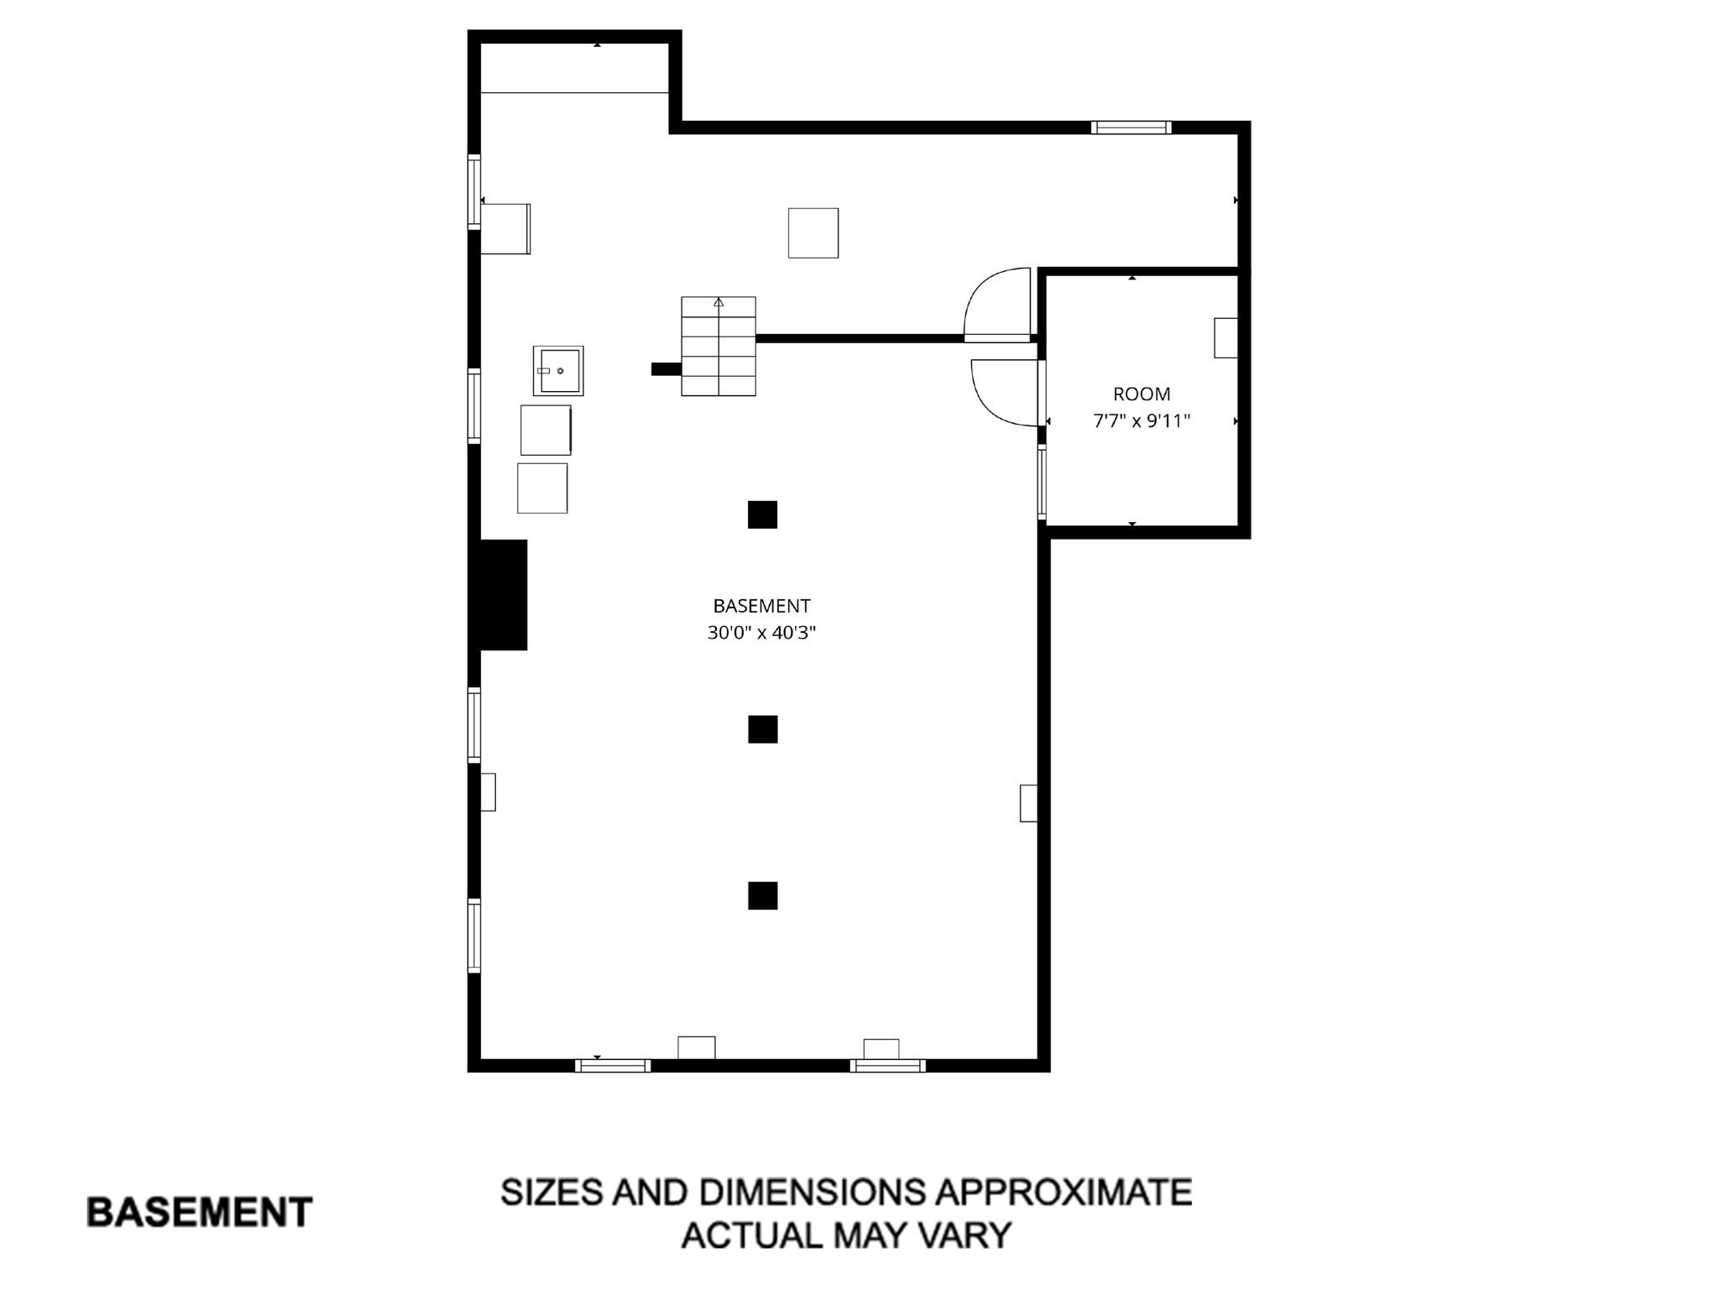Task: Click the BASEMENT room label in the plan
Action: pyautogui.click(x=761, y=606)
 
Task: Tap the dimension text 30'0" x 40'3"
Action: pyautogui.click(x=761, y=633)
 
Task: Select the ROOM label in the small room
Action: pyautogui.click(x=1142, y=394)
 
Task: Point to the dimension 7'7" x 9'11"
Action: pyautogui.click(x=1142, y=420)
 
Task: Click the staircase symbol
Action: pyautogui.click(x=718, y=346)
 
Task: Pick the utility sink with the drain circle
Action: pyautogui.click(x=558, y=371)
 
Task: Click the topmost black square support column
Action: pyautogui.click(x=762, y=514)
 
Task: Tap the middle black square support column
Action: pyautogui.click(x=762, y=729)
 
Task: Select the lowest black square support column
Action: pyautogui.click(x=762, y=895)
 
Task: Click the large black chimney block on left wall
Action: pyautogui.click(x=503, y=594)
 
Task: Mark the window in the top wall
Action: pyautogui.click(x=1131, y=128)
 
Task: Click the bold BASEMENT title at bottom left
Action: pyautogui.click(x=200, y=1213)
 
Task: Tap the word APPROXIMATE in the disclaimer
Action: pyautogui.click(x=1063, y=1192)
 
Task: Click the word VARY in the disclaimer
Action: pyautogui.click(x=967, y=1235)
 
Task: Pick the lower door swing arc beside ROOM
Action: pyautogui.click(x=1005, y=392)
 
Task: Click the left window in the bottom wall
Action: pyautogui.click(x=613, y=1066)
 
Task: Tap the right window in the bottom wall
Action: pyautogui.click(x=887, y=1066)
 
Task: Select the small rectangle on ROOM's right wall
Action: pyautogui.click(x=1225, y=337)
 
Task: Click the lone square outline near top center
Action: pyautogui.click(x=812, y=232)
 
